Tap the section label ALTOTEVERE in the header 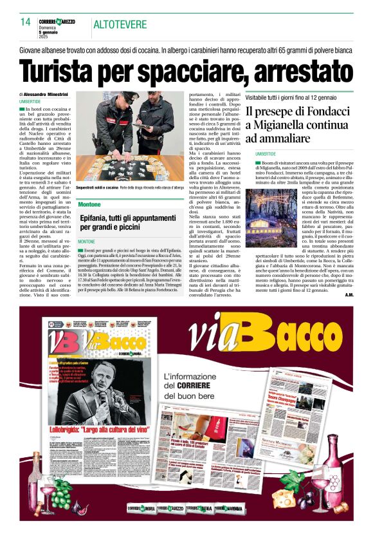pyautogui.click(x=120, y=24)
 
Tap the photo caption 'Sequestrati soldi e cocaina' pyautogui.click(x=100, y=169)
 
